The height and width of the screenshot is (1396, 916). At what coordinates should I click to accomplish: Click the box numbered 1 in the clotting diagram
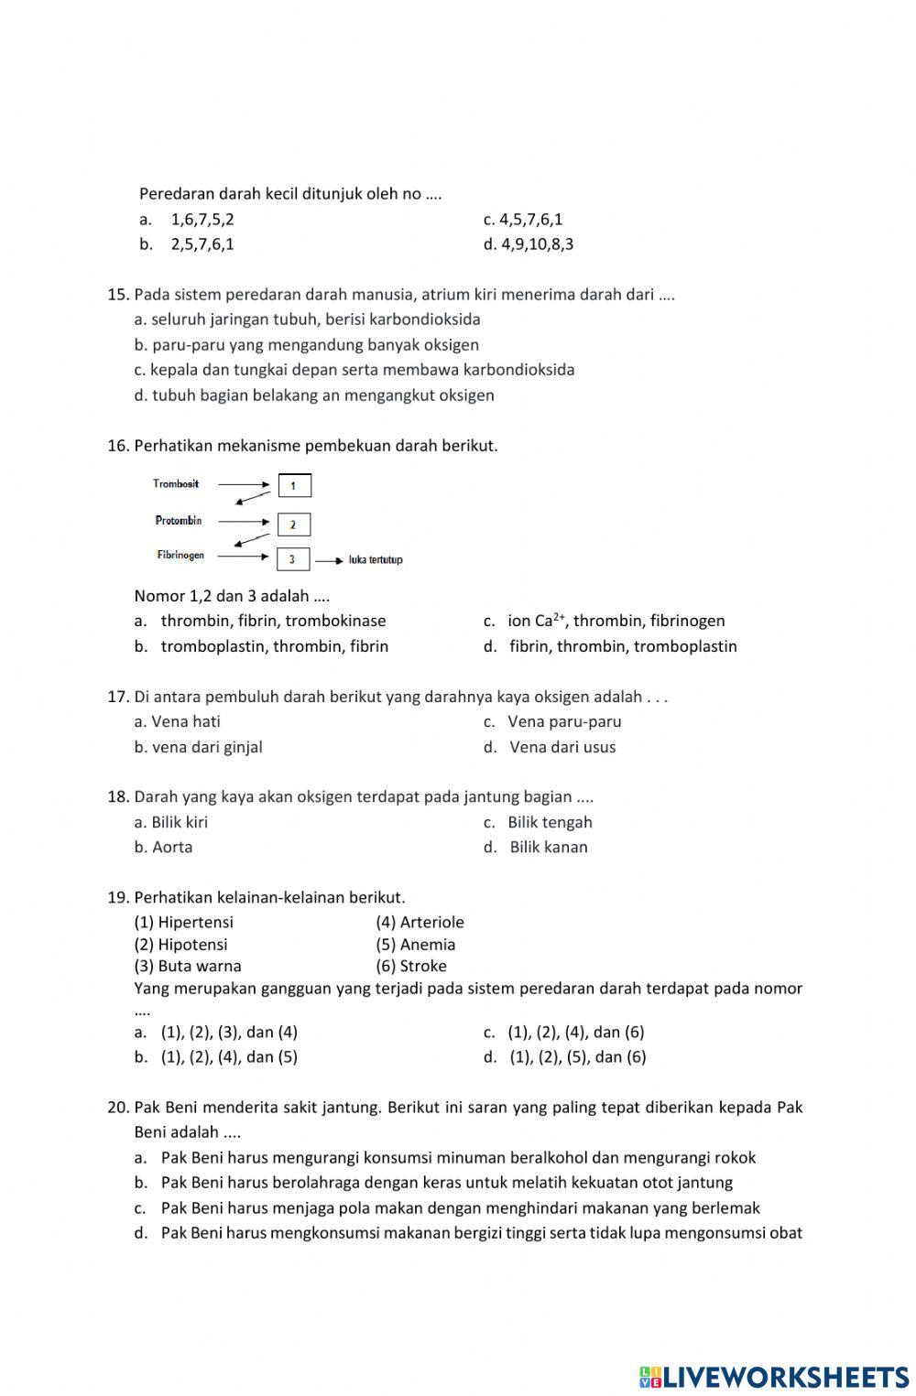(294, 485)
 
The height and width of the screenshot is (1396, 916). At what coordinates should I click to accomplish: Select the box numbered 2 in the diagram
(293, 525)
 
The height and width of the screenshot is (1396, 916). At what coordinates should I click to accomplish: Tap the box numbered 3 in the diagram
(292, 559)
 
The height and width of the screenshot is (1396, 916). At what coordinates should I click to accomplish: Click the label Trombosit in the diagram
(176, 483)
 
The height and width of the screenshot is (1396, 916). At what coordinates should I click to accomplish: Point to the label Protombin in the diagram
(179, 521)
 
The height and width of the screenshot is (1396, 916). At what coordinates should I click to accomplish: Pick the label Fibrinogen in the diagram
(180, 556)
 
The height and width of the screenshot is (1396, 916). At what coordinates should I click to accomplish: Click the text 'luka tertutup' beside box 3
(376, 560)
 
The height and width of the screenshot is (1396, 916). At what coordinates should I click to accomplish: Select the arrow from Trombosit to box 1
(244, 484)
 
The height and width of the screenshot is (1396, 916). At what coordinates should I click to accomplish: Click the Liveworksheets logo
(773, 1377)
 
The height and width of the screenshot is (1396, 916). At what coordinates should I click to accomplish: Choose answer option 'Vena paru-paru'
(563, 721)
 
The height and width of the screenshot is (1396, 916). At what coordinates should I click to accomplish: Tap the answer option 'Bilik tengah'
(550, 822)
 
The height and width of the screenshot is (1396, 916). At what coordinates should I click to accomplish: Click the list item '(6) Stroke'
(411, 966)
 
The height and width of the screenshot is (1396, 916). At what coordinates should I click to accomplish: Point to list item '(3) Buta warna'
(188, 966)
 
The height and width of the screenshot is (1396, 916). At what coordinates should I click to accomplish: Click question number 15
(118, 295)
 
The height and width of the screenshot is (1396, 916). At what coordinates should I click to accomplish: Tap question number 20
(118, 1108)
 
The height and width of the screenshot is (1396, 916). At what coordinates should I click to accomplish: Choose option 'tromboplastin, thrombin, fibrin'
(274, 646)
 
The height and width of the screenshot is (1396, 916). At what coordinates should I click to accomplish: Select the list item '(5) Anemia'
(415, 944)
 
